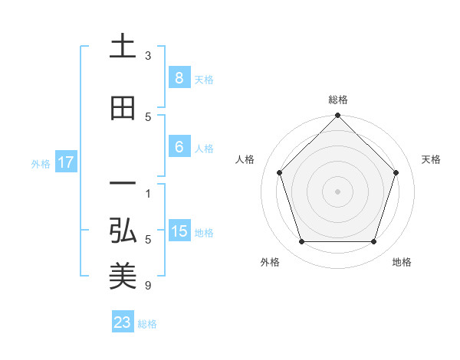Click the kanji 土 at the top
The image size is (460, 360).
123,47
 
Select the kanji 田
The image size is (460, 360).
123,109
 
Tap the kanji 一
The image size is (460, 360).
123,184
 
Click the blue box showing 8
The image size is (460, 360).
179,78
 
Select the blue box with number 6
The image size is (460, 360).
179,147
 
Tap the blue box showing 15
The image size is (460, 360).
179,231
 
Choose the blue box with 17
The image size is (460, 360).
65,162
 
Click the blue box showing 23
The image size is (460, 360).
123,322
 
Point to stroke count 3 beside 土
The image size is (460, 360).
148,56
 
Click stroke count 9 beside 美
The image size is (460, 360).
148,286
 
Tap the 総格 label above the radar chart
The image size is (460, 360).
337,100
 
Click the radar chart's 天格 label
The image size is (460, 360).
431,159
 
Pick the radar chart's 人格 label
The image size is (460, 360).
245,159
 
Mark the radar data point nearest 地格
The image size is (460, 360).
373,242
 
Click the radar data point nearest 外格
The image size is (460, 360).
301,242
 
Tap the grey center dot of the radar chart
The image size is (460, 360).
337,191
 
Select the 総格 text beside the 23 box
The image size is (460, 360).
147,324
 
